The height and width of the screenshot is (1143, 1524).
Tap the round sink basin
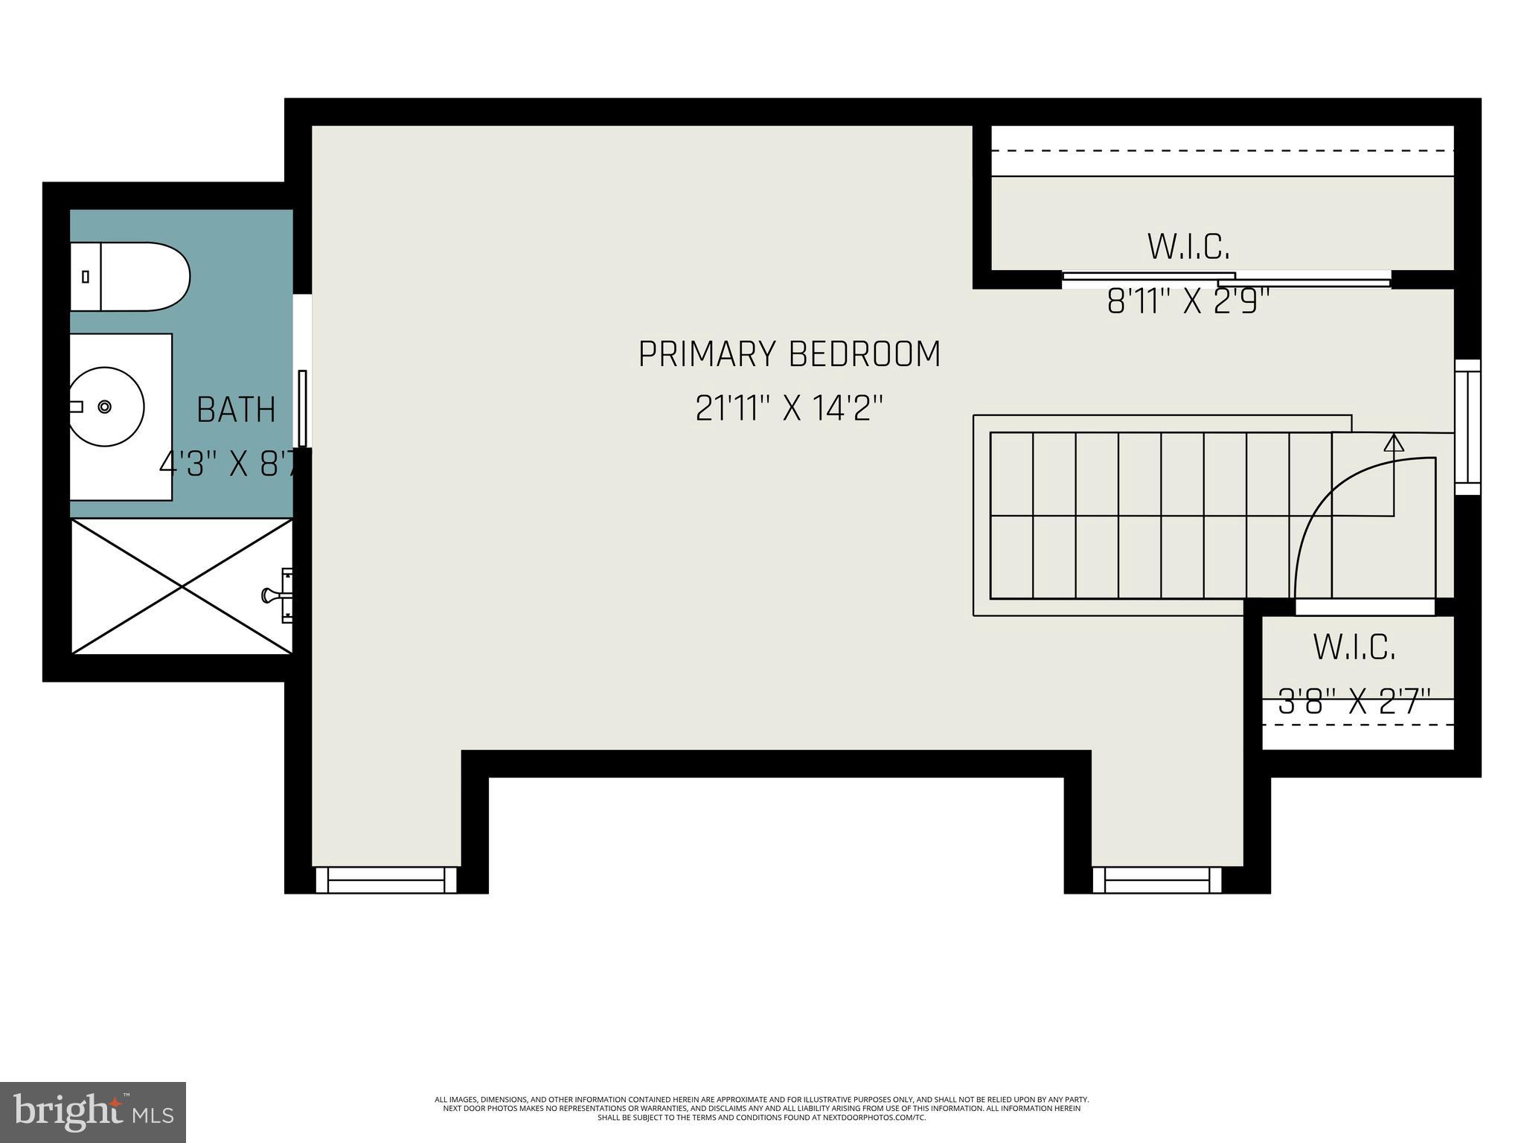[106, 406]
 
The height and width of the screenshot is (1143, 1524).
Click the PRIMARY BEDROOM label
[790, 354]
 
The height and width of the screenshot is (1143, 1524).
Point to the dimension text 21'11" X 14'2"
[790, 408]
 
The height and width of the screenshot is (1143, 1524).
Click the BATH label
[236, 410]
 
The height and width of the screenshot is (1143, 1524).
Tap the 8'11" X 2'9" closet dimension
[1188, 302]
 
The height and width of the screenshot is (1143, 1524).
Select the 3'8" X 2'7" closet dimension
[1354, 702]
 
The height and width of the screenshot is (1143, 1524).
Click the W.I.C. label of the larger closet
[1188, 247]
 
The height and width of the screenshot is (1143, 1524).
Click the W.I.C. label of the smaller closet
[1354, 647]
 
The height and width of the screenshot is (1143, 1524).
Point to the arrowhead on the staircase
[1393, 444]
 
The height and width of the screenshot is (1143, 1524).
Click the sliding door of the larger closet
[1225, 279]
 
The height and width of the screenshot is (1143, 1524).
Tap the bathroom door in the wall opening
[303, 408]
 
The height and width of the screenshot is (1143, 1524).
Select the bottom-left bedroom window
[386, 880]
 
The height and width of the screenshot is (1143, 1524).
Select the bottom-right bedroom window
[1157, 880]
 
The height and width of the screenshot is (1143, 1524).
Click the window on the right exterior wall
[1467, 427]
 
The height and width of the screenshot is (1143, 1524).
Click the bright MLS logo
[93, 1112]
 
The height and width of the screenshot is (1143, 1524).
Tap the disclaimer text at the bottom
[761, 1108]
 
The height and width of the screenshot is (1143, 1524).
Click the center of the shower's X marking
[182, 586]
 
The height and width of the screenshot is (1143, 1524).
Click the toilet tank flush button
[86, 277]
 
